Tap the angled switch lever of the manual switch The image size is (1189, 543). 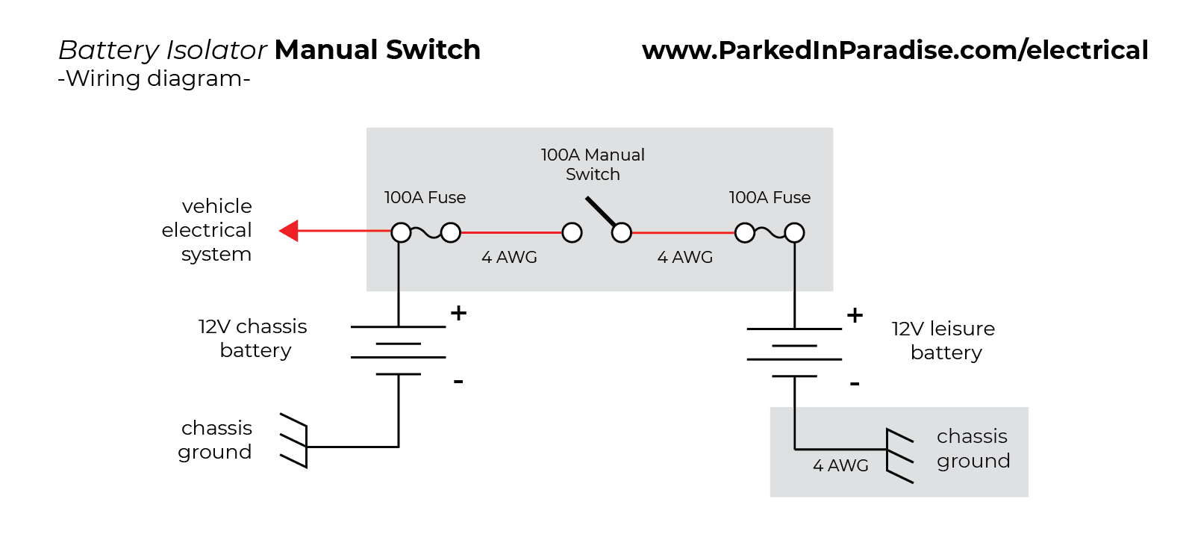click(601, 211)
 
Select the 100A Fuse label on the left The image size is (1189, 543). click(425, 198)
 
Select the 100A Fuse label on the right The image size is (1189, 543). click(770, 198)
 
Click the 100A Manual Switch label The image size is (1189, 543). click(593, 164)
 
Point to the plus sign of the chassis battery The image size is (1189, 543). click(458, 313)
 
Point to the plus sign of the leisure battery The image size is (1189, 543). click(855, 315)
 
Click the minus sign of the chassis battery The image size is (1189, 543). click(458, 382)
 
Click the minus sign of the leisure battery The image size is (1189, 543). click(855, 384)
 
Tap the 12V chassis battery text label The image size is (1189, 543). click(253, 338)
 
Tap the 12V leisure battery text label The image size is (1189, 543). click(944, 341)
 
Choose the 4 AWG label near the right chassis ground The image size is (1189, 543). click(840, 466)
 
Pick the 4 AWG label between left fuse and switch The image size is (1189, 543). click(509, 258)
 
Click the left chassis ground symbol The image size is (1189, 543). click(296, 441)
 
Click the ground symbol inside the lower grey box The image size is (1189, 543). click(899, 455)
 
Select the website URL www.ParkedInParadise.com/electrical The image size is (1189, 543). click(894, 50)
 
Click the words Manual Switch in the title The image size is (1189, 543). click(377, 50)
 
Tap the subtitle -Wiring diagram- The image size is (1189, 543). click(154, 78)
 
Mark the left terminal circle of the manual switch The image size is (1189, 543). click(572, 233)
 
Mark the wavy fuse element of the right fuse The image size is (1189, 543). click(770, 233)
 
